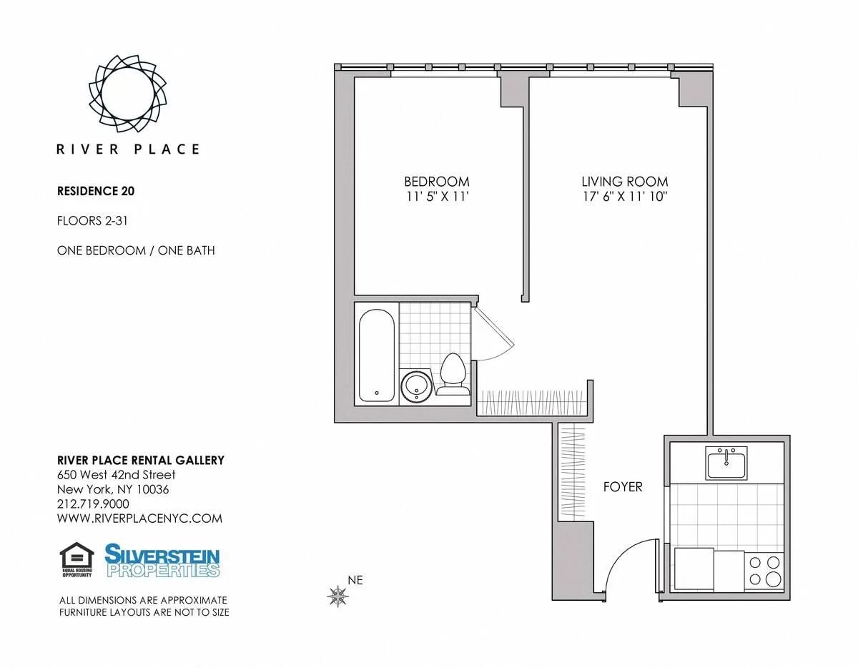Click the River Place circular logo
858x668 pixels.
tap(128, 93)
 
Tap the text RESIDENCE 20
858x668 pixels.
tap(96, 191)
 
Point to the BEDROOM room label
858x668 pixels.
tap(436, 182)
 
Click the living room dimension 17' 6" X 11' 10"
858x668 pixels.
tap(624, 197)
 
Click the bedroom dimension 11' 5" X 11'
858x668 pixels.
tap(436, 197)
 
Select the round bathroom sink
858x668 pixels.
tap(415, 386)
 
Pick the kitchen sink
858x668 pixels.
tap(726, 463)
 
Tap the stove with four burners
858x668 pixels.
tap(764, 570)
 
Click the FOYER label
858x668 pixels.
tap(623, 487)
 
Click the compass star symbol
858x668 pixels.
tap(337, 595)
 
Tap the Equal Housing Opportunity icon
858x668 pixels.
tap(77, 560)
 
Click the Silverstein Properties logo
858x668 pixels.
tap(162, 561)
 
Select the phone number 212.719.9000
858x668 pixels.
tap(93, 504)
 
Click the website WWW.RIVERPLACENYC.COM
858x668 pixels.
tap(139, 519)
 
